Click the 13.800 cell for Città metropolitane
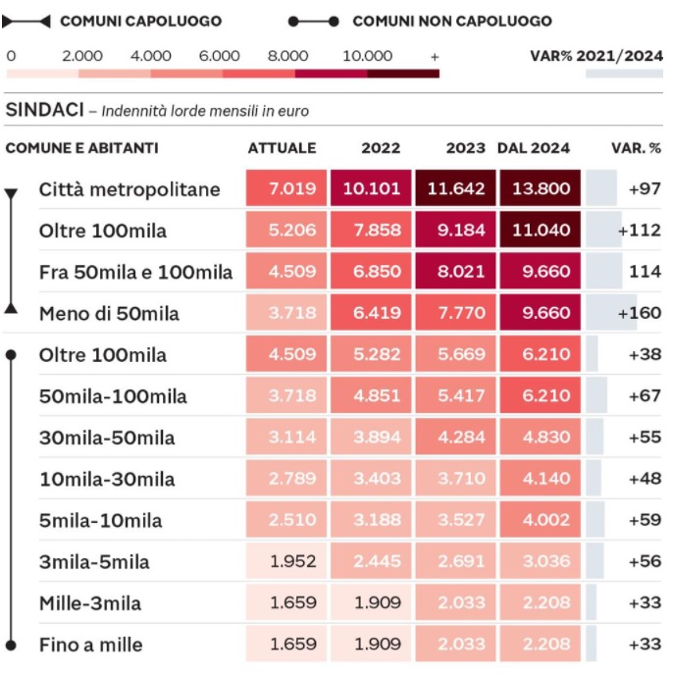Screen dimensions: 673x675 point(540,188)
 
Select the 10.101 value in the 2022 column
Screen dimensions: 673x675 point(371,188)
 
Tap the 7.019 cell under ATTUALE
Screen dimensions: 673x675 point(286,188)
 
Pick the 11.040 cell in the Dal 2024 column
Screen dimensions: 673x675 point(540,230)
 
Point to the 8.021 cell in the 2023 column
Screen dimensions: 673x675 point(455,271)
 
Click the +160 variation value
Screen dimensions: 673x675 point(640,313)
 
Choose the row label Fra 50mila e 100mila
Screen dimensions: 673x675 point(135,272)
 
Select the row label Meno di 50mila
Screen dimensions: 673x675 point(109,313)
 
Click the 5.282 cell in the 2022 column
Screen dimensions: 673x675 point(371,354)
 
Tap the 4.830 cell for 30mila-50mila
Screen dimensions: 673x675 point(540,437)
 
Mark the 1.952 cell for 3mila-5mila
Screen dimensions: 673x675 point(286,560)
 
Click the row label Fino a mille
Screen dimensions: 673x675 point(91,645)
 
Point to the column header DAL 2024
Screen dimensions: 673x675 point(534,148)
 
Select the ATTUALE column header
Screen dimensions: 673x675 point(282,148)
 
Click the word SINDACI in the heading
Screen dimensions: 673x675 point(45,110)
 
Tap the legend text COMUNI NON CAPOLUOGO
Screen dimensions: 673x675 point(452,21)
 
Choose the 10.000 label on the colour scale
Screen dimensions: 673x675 point(367,56)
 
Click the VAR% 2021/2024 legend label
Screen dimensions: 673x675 point(596,56)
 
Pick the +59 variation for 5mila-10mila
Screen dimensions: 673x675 point(645,520)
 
